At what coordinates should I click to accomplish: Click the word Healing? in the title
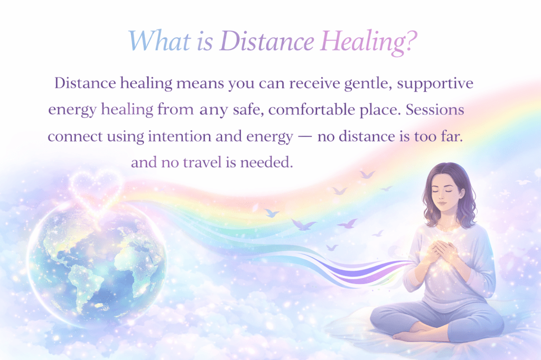point(369,42)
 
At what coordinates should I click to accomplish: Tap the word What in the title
point(160,41)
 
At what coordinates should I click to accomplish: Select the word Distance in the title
point(267,41)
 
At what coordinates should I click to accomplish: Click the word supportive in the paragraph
point(435,84)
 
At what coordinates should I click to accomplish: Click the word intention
point(180,137)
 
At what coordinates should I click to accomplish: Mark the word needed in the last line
point(266,163)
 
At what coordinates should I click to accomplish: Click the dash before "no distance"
point(305,137)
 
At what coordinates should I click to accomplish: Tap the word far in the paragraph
point(452,137)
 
